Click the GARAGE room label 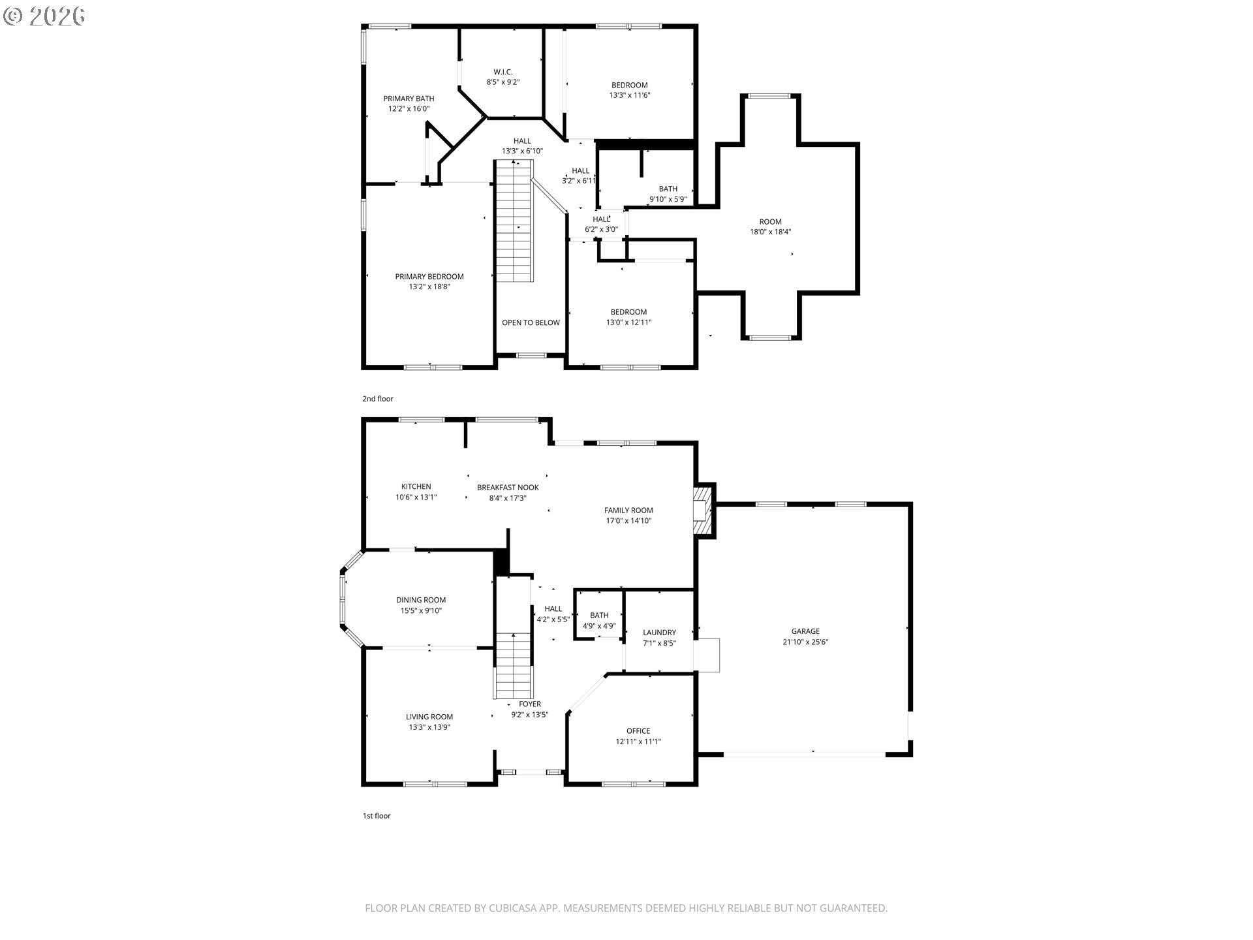805,631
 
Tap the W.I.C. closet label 503,72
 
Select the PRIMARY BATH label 409,99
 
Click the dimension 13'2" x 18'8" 429,287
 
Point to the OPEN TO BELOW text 531,322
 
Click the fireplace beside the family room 704,510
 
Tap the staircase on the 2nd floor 515,222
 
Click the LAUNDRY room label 659,633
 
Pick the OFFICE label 638,731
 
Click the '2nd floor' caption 378,399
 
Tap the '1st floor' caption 377,816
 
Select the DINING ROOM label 421,600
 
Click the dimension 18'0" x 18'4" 770,232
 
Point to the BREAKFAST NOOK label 508,488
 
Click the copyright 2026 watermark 44,16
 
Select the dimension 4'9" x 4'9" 598,626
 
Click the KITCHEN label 416,486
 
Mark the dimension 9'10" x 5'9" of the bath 668,199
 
